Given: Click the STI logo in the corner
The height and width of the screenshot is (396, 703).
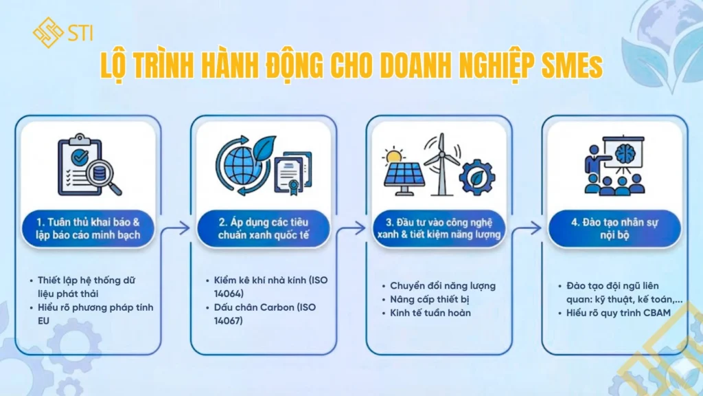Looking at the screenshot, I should [62, 32].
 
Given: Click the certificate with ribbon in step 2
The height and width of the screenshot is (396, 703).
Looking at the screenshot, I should [293, 173].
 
